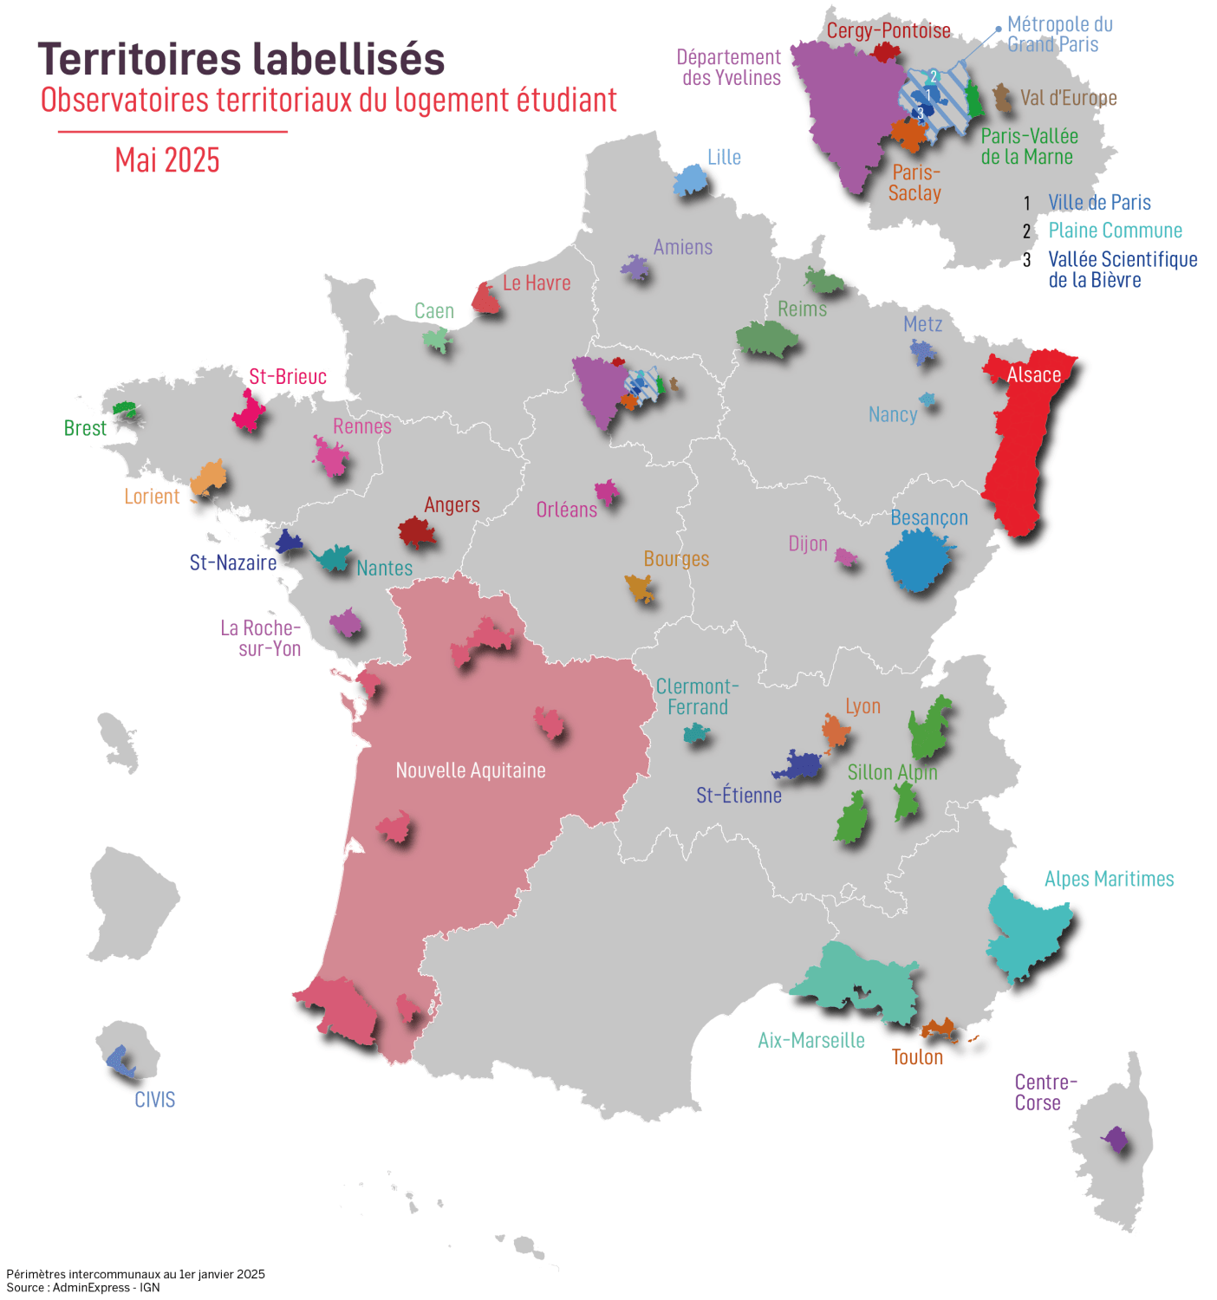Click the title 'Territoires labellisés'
241,60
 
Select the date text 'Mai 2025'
167,160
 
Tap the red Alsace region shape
1016,451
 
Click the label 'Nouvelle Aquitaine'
471,770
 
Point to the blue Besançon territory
917,559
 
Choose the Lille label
724,158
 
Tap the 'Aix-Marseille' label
811,1041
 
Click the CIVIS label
154,1100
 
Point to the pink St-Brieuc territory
249,412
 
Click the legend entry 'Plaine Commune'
1115,231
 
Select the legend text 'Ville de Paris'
1099,203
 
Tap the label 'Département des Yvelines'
730,68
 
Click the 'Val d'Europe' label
1068,98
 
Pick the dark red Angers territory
416,531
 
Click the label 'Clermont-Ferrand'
697,697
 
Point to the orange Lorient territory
209,478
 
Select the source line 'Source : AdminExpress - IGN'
83,1287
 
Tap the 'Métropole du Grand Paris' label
1059,35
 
